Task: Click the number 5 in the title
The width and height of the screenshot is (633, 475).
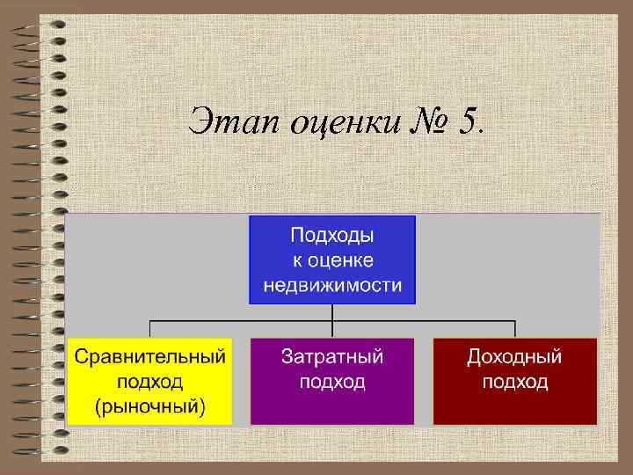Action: pos(466,121)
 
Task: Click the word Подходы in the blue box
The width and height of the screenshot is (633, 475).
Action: pos(332,236)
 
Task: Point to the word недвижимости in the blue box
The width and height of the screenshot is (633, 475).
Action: pos(332,285)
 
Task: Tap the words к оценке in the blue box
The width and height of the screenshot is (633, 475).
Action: pos(332,260)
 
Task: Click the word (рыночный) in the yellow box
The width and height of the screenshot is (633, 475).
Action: pos(149,406)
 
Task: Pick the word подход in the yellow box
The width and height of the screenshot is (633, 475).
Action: pos(149,382)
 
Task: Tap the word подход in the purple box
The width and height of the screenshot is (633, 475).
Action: pos(332,382)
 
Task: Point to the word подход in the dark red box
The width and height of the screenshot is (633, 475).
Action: pos(514,382)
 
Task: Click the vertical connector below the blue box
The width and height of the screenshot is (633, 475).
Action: pos(332,312)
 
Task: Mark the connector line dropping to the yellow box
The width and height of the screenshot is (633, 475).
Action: pos(149,329)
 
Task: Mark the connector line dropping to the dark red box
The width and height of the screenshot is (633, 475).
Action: pos(514,329)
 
